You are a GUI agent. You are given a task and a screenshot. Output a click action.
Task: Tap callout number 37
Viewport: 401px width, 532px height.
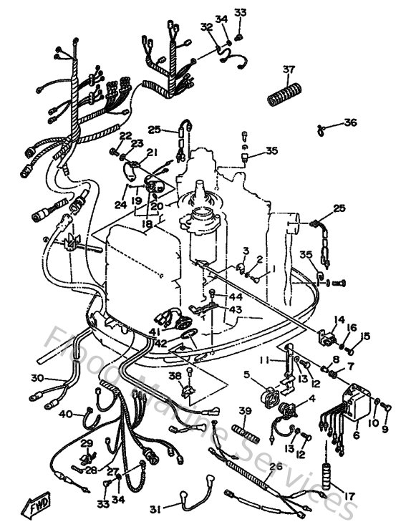click(289, 69)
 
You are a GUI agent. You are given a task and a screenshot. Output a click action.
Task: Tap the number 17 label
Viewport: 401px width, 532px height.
click(350, 495)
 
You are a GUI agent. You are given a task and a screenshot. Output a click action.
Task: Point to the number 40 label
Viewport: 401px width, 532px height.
click(64, 414)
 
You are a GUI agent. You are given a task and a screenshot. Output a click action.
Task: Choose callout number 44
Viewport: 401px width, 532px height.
click(236, 296)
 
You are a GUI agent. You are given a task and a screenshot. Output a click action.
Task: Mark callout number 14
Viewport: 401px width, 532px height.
click(339, 319)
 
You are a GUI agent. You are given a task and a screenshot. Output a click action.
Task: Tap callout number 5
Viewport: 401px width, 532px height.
click(246, 373)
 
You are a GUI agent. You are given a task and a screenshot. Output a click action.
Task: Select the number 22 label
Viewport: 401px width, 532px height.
click(125, 135)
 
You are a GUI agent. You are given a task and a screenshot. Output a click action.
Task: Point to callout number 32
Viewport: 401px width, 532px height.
click(206, 26)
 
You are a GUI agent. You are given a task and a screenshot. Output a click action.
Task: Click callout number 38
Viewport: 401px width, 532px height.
click(175, 375)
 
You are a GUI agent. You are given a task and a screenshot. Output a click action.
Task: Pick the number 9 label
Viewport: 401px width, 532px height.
click(386, 429)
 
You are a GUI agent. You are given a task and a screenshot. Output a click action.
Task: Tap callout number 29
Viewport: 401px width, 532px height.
click(87, 444)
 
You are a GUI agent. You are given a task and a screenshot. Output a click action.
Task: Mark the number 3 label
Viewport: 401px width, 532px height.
click(246, 250)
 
